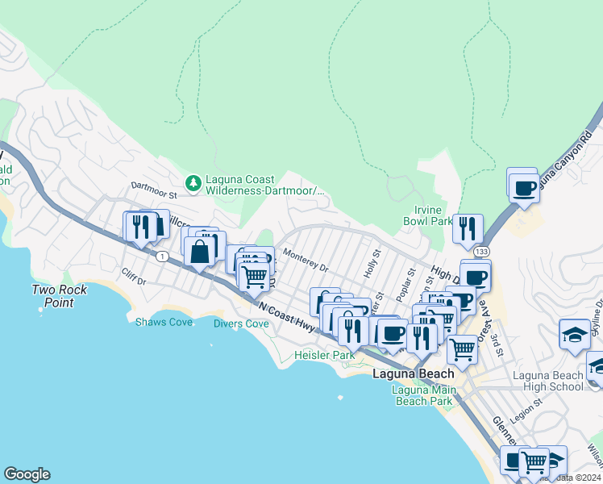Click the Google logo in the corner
pyautogui.click(x=27, y=474)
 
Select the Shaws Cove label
pyautogui.click(x=164, y=323)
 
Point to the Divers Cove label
pyautogui.click(x=240, y=323)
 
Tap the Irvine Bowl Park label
pyautogui.click(x=427, y=215)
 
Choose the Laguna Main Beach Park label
pyautogui.click(x=423, y=395)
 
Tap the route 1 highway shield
pyautogui.click(x=164, y=256)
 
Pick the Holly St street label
pyautogui.click(x=372, y=265)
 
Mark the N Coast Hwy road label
pyautogui.click(x=286, y=314)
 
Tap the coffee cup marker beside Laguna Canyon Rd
pyautogui.click(x=523, y=187)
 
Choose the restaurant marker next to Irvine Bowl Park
pyautogui.click(x=468, y=229)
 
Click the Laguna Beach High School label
pyautogui.click(x=548, y=381)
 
